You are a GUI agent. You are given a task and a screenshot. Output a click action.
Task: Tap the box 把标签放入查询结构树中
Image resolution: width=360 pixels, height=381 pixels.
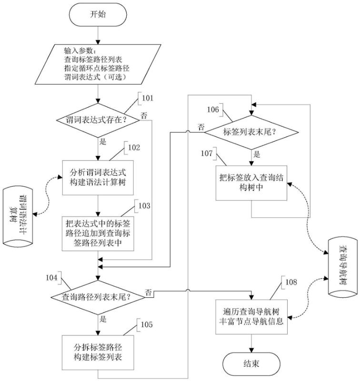[x=251, y=183]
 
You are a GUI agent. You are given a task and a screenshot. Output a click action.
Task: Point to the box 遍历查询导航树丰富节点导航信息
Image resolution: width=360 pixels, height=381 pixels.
[x=250, y=316]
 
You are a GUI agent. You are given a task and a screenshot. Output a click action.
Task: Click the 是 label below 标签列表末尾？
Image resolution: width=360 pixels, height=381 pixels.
[x=257, y=153]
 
